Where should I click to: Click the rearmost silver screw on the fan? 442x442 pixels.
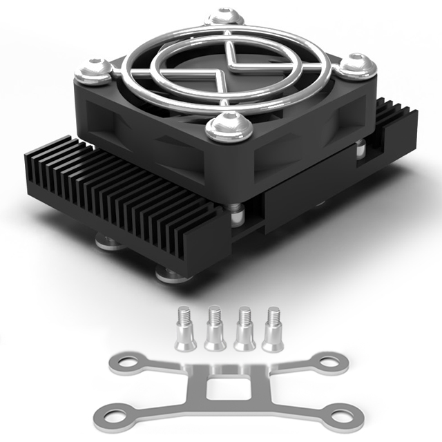click(225, 17)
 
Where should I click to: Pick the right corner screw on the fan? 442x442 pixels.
click(358, 65)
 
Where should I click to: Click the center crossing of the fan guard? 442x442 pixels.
click(222, 68)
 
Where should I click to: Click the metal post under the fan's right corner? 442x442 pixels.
click(360, 149)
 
